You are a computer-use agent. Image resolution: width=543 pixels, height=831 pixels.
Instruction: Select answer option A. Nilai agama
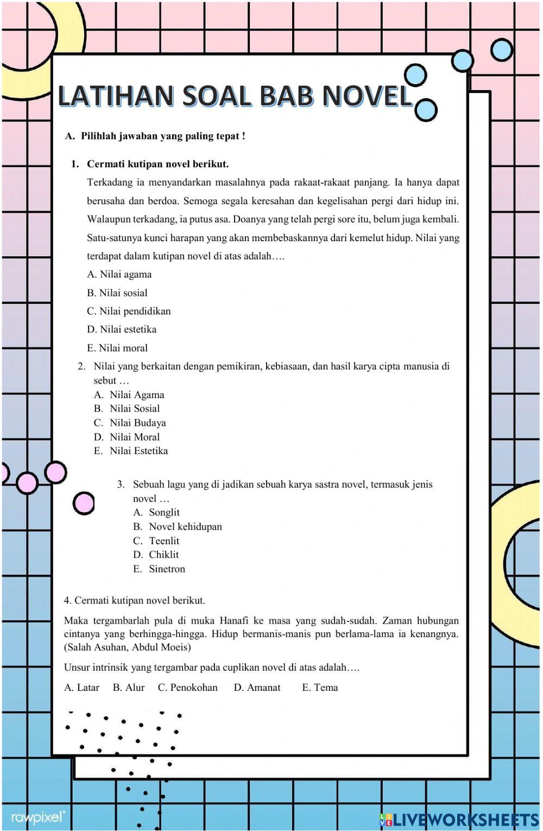(x=119, y=274)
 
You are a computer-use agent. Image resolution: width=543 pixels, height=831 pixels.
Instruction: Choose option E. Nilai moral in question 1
(x=117, y=348)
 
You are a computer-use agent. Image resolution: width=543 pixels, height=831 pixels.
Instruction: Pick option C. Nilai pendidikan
(x=129, y=311)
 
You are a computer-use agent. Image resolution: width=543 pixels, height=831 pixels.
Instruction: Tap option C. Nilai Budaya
(x=130, y=423)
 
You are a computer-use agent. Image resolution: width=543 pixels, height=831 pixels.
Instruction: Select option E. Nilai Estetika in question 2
(x=131, y=451)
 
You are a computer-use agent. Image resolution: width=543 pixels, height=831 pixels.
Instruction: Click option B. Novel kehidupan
(x=178, y=526)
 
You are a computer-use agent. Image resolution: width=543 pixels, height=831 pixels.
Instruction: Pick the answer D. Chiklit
(x=156, y=555)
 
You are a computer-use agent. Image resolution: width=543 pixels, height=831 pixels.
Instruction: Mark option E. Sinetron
(x=159, y=569)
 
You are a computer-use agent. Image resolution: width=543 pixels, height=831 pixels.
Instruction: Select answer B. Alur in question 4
(x=129, y=687)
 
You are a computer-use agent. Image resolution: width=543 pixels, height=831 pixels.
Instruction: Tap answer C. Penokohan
(x=187, y=687)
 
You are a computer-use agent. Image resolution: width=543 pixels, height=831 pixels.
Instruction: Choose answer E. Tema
(x=320, y=687)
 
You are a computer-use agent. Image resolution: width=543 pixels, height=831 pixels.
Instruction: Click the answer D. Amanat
(x=257, y=687)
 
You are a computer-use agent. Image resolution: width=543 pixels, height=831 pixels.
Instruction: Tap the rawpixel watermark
(x=38, y=818)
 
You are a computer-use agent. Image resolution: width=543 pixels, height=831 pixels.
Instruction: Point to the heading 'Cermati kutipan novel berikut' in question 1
(x=157, y=163)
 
